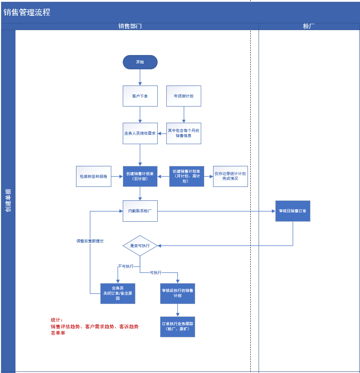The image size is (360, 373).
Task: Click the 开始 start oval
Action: (x=140, y=62)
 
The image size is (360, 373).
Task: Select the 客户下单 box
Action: (x=140, y=96)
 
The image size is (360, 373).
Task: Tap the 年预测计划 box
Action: (x=183, y=96)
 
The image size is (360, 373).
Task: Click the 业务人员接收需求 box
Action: (x=140, y=133)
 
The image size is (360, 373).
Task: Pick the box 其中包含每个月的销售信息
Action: (x=183, y=133)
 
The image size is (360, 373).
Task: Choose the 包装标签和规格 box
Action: (x=93, y=176)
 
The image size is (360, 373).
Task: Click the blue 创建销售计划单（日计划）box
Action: (x=140, y=176)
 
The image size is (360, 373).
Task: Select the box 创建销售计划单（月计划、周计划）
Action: (x=187, y=176)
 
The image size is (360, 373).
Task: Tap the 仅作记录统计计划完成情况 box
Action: (x=230, y=176)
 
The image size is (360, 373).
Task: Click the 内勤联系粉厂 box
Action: (x=140, y=211)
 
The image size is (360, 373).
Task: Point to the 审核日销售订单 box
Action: (x=293, y=211)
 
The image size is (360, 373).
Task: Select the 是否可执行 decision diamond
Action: (x=140, y=245)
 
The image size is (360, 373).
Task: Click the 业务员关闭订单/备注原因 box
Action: (x=118, y=293)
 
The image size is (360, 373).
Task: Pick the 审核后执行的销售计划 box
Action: (x=177, y=293)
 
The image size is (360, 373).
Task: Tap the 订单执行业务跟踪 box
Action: (x=177, y=327)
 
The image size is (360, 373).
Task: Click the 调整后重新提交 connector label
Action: (x=90, y=241)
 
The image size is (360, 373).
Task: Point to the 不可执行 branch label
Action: (x=126, y=266)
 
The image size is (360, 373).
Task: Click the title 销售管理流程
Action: (x=27, y=12)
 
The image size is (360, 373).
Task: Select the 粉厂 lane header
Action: (x=309, y=26)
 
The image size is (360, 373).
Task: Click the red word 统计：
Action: (x=57, y=320)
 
